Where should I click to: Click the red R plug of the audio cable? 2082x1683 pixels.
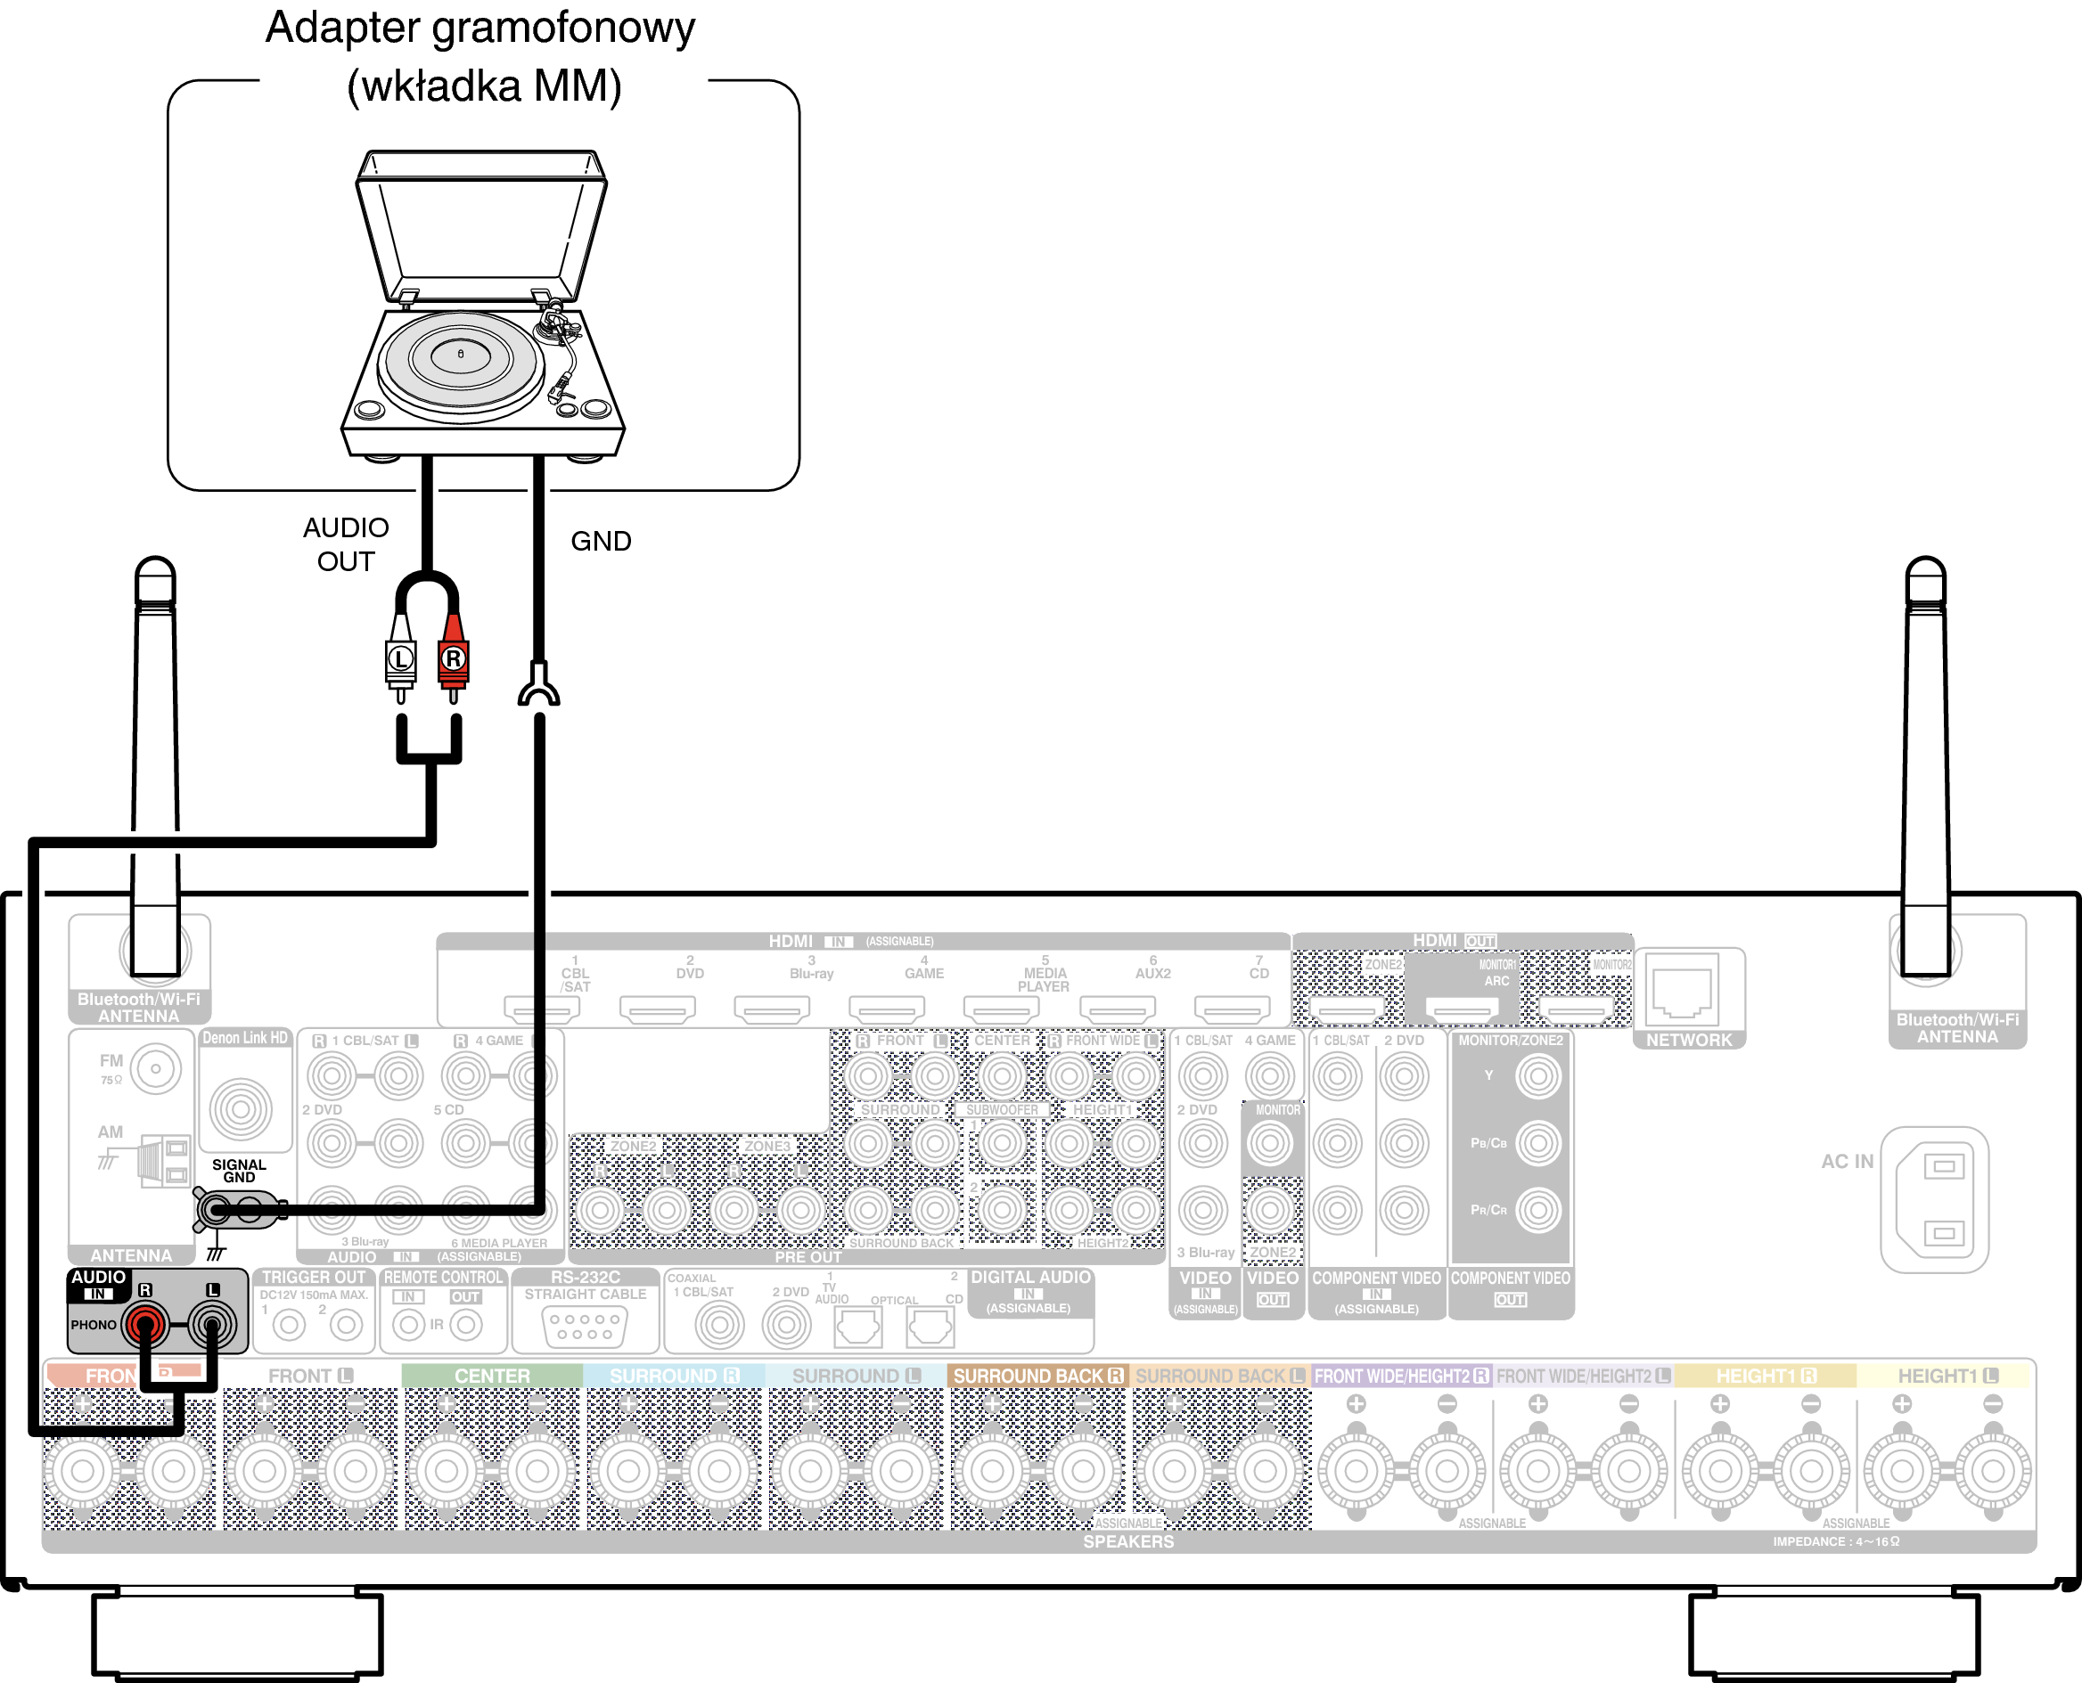coord(453,658)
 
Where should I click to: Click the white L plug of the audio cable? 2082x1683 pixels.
coord(400,658)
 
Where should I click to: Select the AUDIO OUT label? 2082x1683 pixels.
coord(346,543)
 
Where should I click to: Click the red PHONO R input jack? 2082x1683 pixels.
coord(144,1322)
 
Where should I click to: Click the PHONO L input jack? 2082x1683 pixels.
coord(212,1322)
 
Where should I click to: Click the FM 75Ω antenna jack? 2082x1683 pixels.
coord(156,1069)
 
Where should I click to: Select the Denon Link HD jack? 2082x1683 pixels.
coord(241,1107)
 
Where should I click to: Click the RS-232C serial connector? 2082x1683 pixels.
coord(585,1325)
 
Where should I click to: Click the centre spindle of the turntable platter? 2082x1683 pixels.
coord(461,354)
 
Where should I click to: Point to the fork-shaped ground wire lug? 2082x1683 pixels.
coord(538,686)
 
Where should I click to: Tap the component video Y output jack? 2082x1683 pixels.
coord(1538,1075)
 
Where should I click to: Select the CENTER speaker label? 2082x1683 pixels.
coord(492,1376)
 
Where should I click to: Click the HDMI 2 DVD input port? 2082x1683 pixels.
coord(657,1009)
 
